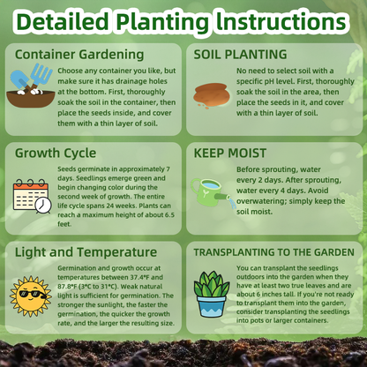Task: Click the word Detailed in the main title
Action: point(63,21)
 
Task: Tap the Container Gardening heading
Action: point(79,55)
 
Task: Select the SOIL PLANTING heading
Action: point(240,55)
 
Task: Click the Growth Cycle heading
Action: point(56,154)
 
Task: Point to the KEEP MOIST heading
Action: point(230,154)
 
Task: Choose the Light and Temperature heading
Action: point(86,252)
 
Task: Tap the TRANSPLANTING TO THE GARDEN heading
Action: point(273,252)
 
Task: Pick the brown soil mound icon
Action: point(210,95)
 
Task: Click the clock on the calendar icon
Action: point(43,205)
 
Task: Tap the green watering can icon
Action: point(211,192)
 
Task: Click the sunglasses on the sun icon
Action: point(32,294)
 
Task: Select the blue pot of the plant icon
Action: point(211,306)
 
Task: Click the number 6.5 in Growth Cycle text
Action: point(169,215)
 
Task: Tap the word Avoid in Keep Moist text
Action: point(318,191)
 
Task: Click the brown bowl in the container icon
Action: point(31,98)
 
